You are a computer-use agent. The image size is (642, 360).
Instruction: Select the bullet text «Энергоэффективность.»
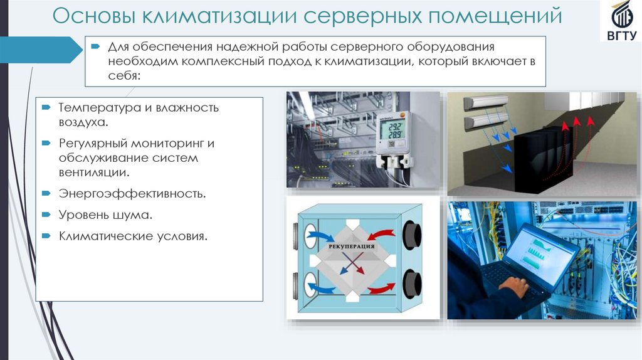132,193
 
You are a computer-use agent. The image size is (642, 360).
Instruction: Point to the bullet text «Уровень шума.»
106,214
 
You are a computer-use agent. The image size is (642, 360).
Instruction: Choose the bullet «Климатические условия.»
133,236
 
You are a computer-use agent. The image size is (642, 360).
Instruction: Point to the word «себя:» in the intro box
125,75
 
